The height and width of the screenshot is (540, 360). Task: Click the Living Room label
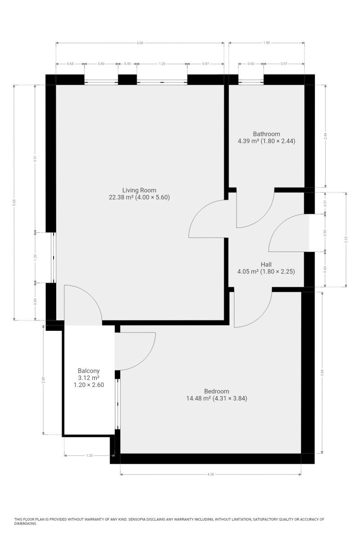coord(139,190)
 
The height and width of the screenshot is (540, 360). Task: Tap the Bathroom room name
coord(266,134)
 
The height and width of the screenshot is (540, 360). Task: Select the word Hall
coord(266,265)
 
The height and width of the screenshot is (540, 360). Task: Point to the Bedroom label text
coord(216,391)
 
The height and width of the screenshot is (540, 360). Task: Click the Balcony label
coord(89,371)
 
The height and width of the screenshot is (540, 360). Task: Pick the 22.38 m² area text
coord(121,198)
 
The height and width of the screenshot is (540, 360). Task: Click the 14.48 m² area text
coord(199,398)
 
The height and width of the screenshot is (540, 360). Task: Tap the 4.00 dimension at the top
coord(140,43)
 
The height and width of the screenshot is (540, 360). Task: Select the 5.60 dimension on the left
coord(14,202)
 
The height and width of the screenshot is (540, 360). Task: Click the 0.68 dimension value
coord(70,64)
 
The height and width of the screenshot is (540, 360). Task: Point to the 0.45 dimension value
coord(127,64)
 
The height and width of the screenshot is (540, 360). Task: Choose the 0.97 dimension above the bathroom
coord(284,64)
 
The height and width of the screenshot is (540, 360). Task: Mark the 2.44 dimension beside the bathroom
coord(325,136)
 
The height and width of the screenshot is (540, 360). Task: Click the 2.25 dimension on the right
coord(346,239)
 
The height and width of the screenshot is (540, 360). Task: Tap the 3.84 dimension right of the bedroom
coord(322,373)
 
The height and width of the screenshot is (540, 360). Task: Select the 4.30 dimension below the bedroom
coord(211,474)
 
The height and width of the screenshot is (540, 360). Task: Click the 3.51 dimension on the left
coord(35,158)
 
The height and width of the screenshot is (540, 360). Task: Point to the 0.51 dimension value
coord(325,203)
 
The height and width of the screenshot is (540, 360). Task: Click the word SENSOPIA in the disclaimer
coord(137,519)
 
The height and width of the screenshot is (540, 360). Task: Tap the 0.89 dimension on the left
coord(35,301)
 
